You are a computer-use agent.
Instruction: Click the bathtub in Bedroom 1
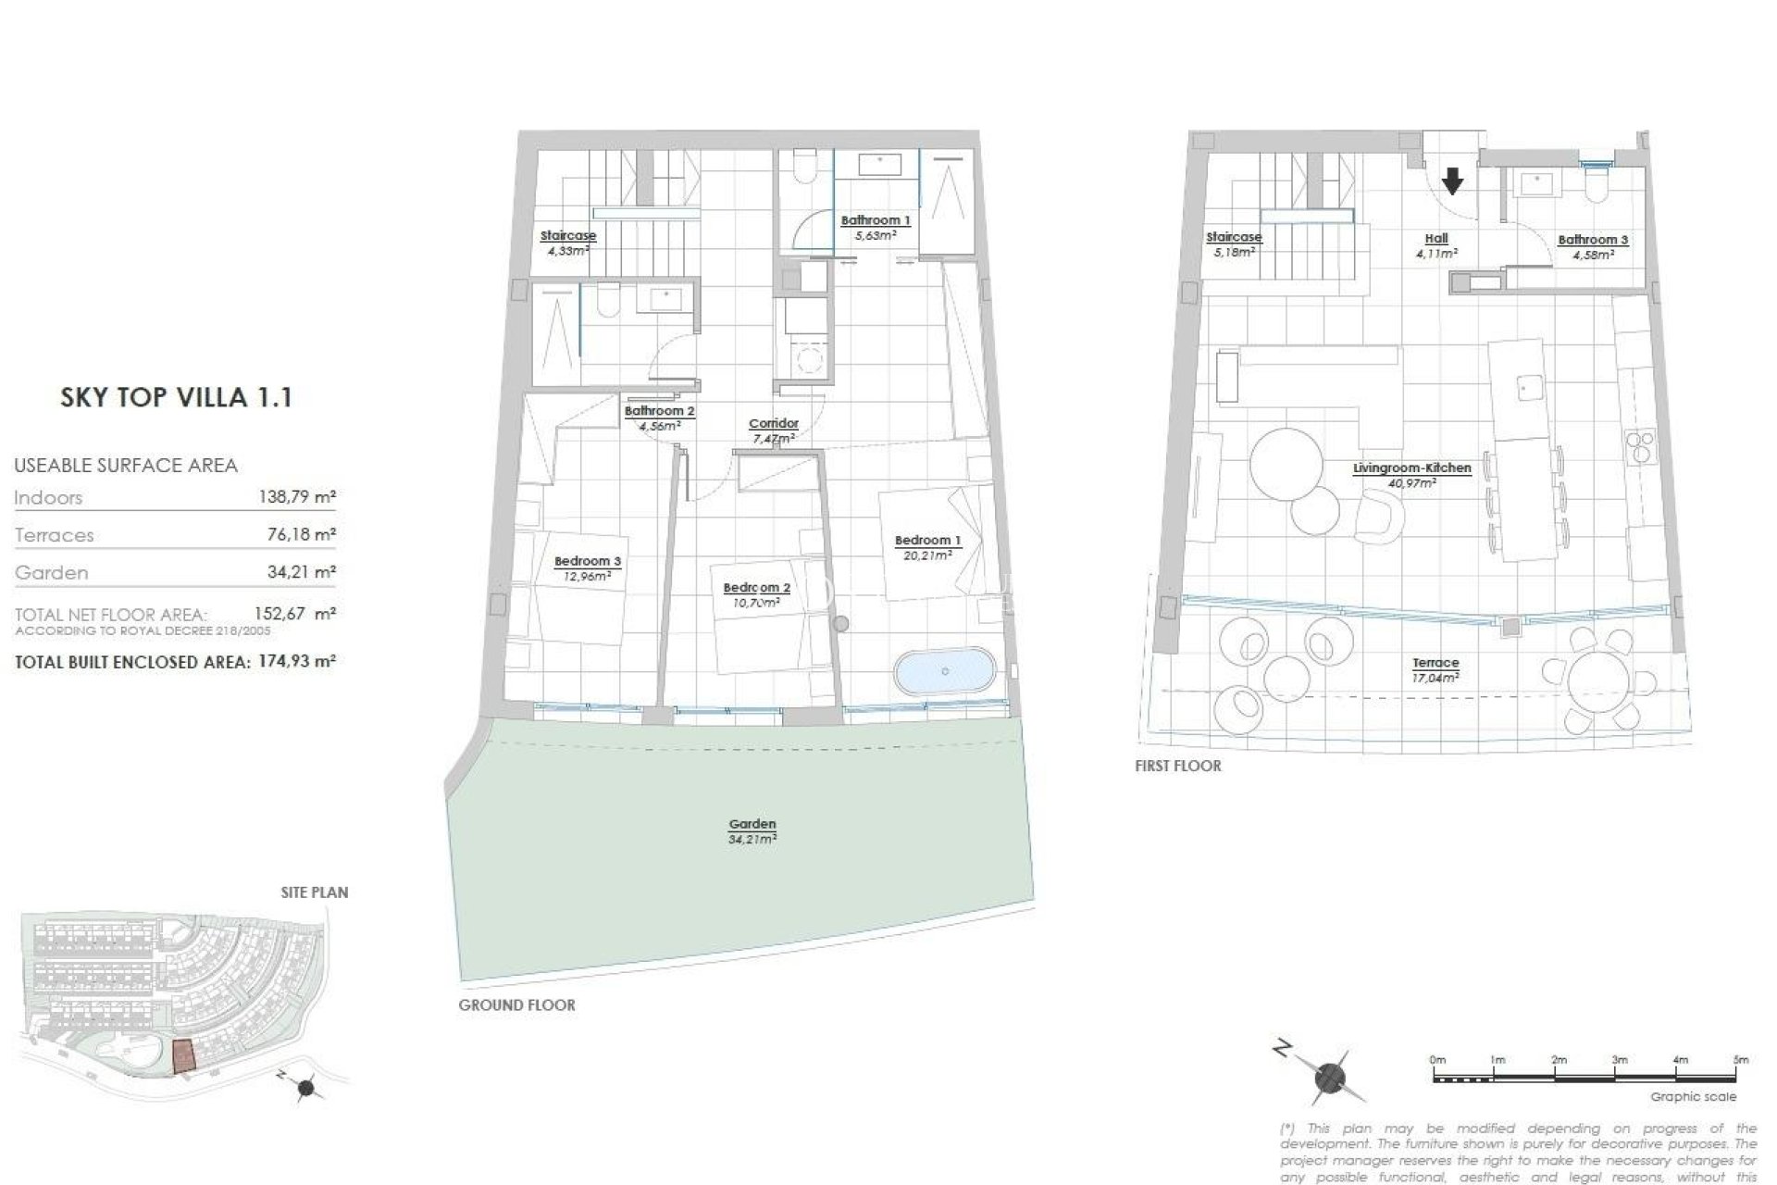(x=945, y=670)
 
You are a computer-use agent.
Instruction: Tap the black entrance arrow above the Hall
(x=1453, y=181)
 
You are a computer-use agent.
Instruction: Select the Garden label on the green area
(x=752, y=824)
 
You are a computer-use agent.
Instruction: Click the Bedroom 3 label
(x=588, y=561)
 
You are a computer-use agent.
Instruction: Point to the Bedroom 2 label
(x=756, y=588)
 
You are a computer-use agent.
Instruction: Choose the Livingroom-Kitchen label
(x=1411, y=468)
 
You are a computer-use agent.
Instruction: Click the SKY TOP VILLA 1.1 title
(x=176, y=398)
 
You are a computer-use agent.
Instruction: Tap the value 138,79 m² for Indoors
(x=296, y=497)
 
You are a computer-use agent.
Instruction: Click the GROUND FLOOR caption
(x=516, y=1004)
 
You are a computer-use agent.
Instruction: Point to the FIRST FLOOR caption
(x=1177, y=766)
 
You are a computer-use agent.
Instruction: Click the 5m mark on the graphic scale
(x=1740, y=1060)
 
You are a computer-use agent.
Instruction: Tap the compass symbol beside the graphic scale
(x=1330, y=1077)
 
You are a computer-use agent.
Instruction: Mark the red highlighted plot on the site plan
(x=185, y=1055)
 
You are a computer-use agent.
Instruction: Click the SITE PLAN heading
(x=315, y=892)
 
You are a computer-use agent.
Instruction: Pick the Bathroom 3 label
(x=1593, y=240)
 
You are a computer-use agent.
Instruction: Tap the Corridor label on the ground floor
(x=773, y=424)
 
